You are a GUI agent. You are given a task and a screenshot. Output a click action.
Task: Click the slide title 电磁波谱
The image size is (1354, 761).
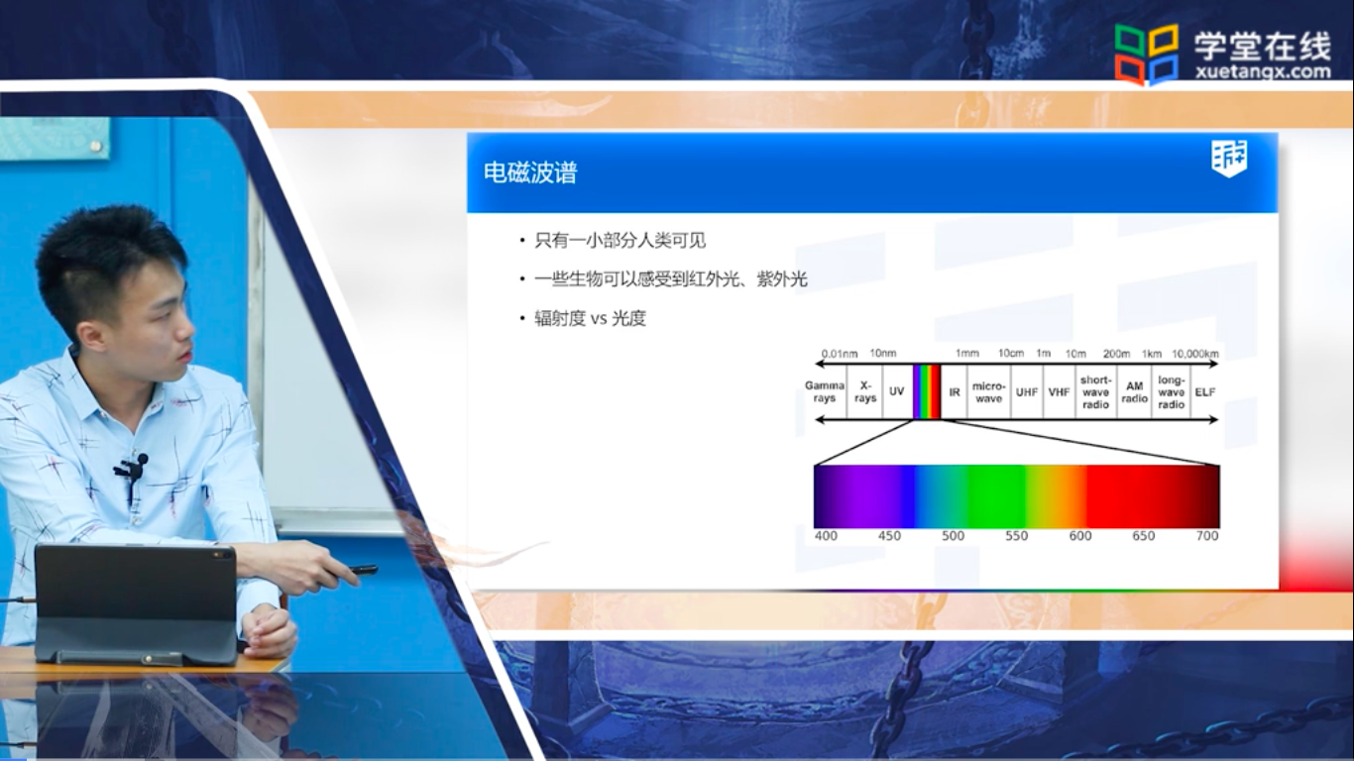point(530,172)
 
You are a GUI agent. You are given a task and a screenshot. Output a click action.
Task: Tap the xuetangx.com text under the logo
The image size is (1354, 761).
point(1263,72)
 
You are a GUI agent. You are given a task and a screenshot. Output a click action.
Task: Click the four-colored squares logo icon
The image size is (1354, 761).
point(1146,54)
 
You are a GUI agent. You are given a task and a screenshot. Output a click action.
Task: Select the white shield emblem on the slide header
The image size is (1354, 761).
point(1229,159)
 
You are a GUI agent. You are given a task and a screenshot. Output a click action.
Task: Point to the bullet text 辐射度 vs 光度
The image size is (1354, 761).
point(590,318)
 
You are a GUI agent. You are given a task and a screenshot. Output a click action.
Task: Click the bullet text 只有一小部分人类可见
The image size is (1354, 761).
point(621,241)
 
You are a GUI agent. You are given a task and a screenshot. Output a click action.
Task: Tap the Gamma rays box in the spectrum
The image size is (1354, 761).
point(825,391)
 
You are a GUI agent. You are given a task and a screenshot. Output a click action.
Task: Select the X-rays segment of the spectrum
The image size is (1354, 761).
point(865,391)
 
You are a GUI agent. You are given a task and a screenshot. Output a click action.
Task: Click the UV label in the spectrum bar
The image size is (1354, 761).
point(896,391)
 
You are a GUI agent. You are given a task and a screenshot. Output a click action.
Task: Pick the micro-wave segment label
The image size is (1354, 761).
point(989,391)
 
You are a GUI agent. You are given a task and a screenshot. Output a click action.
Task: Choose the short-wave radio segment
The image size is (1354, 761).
point(1096,391)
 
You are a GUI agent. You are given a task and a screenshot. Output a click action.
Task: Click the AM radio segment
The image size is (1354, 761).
point(1135,391)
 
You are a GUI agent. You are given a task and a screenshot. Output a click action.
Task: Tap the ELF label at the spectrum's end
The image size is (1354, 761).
point(1204,392)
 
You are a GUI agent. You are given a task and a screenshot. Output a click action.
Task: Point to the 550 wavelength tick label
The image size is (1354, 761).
point(1016,536)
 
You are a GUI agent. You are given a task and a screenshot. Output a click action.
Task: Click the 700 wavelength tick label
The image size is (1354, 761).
point(1207,536)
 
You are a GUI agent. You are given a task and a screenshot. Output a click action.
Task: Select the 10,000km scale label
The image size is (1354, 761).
point(1195,354)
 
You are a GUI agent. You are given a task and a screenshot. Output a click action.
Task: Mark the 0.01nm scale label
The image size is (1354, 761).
point(839,354)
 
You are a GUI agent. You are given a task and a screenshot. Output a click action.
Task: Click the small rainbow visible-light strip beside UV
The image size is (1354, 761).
point(927,391)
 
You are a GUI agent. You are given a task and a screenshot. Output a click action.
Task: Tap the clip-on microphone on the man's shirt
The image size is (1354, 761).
point(131,467)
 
